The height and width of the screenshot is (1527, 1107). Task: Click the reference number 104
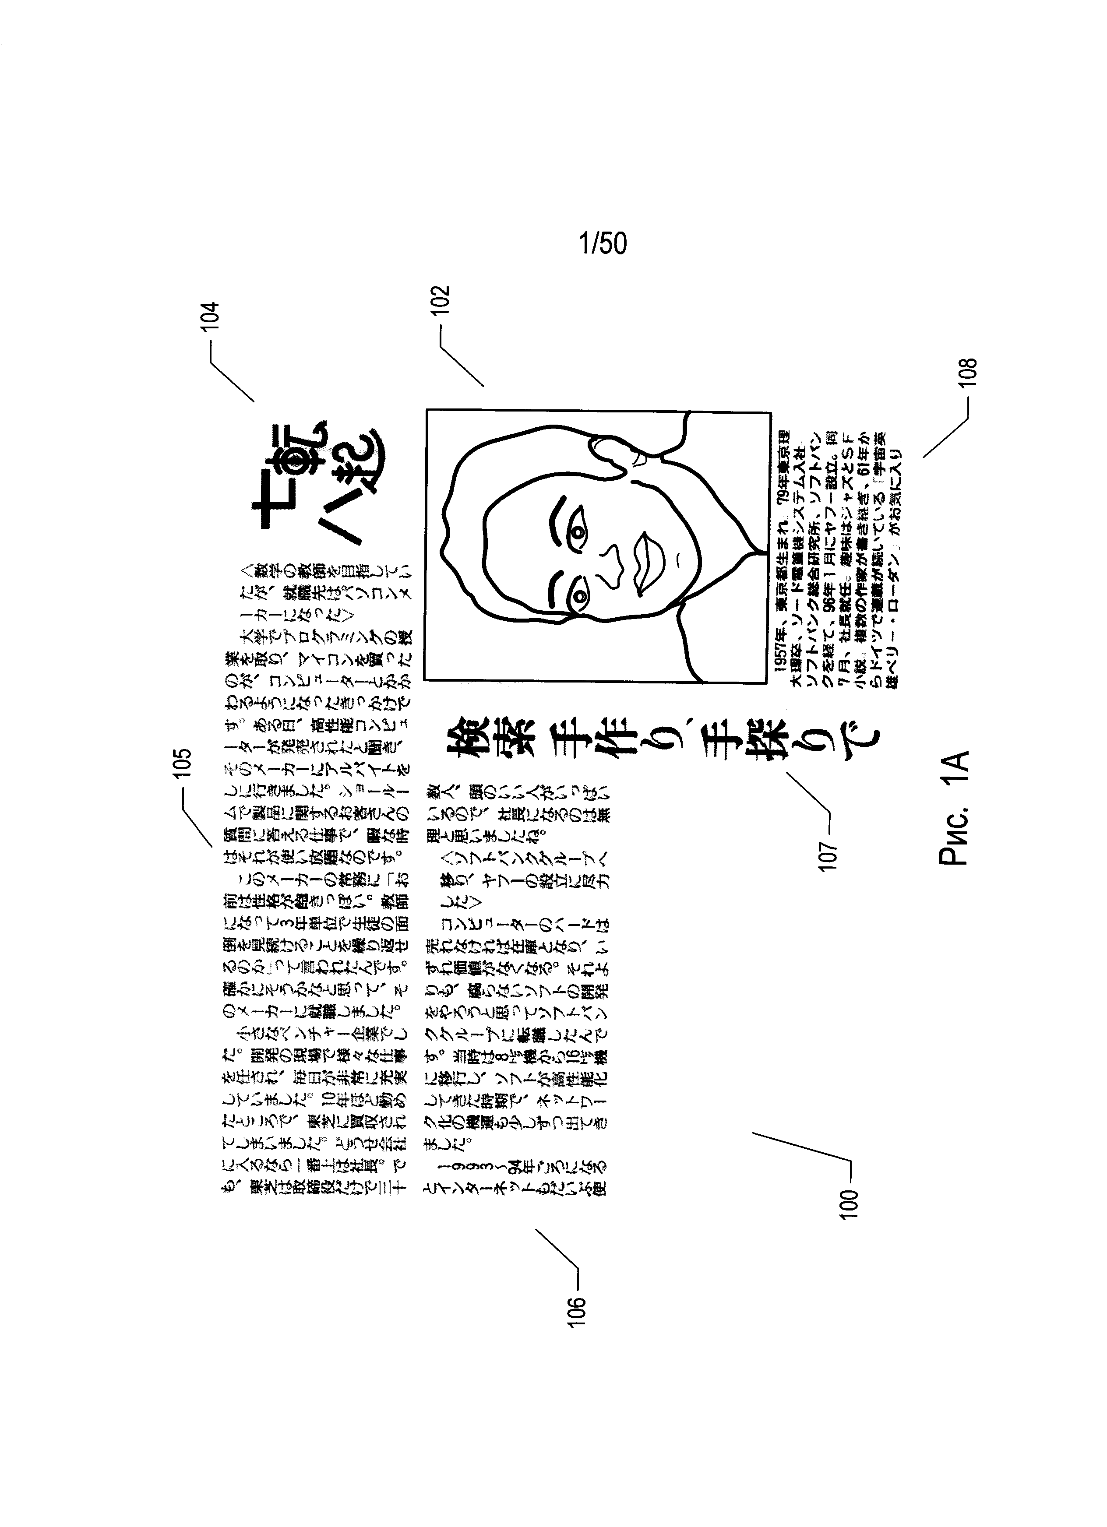point(211,315)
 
